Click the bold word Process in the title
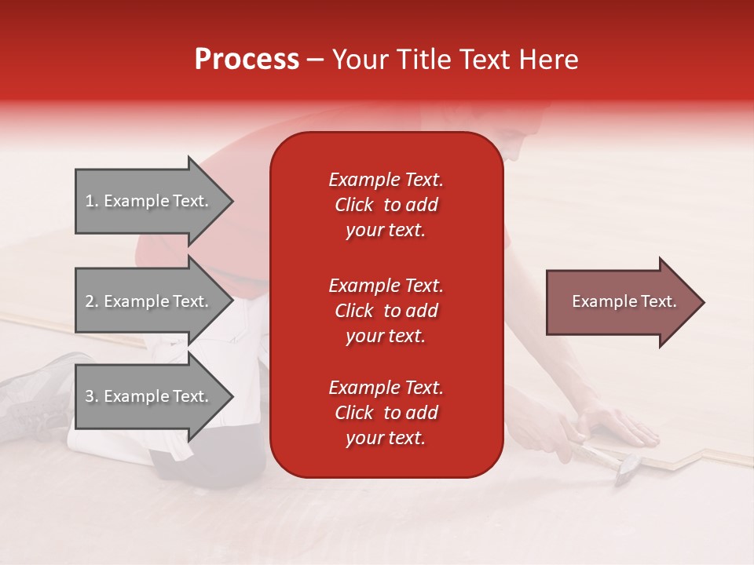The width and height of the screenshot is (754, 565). [247, 60]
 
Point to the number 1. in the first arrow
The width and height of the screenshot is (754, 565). [93, 202]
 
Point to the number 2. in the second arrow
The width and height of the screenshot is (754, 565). [93, 302]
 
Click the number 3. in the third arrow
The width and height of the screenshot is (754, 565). [93, 397]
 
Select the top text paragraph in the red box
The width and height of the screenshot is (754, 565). [386, 205]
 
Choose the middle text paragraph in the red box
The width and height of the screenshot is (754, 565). [386, 311]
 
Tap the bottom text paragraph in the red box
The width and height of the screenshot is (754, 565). [386, 413]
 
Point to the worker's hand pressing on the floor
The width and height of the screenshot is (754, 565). [620, 428]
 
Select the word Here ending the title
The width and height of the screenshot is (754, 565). [549, 60]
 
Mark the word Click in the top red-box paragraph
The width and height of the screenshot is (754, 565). [354, 205]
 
